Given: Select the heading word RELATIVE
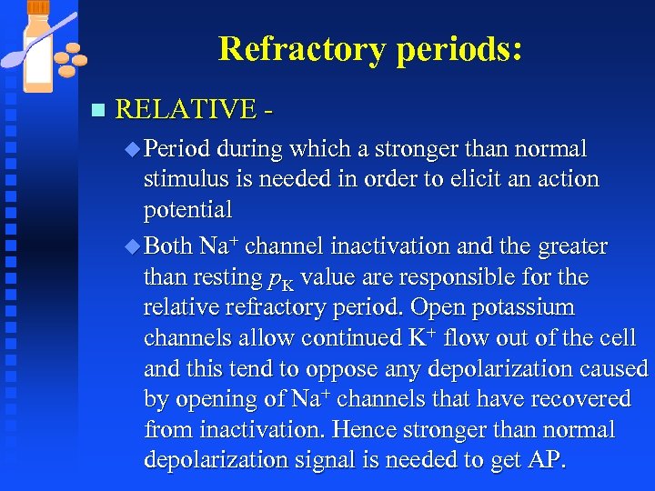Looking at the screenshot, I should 186,110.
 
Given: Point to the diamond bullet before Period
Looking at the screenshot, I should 135,149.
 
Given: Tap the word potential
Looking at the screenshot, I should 188,210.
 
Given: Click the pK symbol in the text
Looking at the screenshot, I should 286,278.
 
